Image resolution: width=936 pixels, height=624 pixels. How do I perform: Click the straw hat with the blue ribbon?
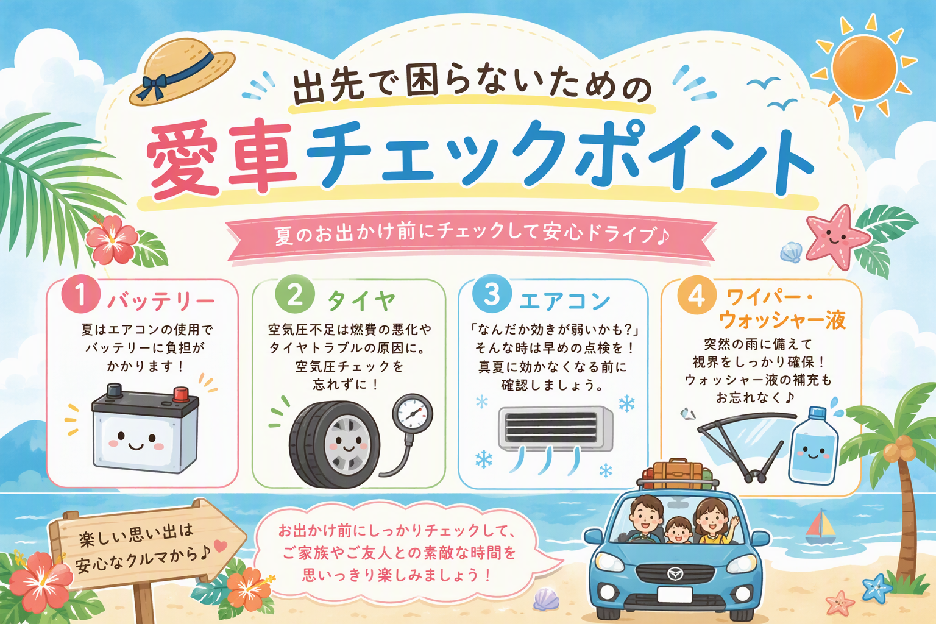[182, 71]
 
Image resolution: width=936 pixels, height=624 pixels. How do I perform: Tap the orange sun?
[863, 68]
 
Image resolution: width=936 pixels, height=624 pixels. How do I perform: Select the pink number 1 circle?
[81, 294]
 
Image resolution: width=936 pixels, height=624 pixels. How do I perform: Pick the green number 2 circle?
[294, 294]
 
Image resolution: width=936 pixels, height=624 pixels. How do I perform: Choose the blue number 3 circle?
[492, 293]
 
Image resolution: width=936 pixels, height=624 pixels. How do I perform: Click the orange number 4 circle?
[697, 295]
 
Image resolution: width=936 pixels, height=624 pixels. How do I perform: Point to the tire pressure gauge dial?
[413, 414]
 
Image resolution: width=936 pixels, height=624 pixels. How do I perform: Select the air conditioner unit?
[555, 429]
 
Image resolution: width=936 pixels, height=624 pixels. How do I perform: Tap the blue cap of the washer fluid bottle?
[817, 413]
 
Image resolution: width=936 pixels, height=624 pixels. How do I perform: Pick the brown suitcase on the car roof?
[678, 474]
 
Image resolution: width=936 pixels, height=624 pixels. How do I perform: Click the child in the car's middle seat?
[678, 530]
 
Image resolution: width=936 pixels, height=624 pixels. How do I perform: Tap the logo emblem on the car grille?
[674, 573]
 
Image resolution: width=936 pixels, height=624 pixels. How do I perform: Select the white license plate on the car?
[675, 595]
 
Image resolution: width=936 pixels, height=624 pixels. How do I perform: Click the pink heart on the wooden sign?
[220, 545]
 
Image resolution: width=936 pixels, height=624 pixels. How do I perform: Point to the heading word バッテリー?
[161, 302]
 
